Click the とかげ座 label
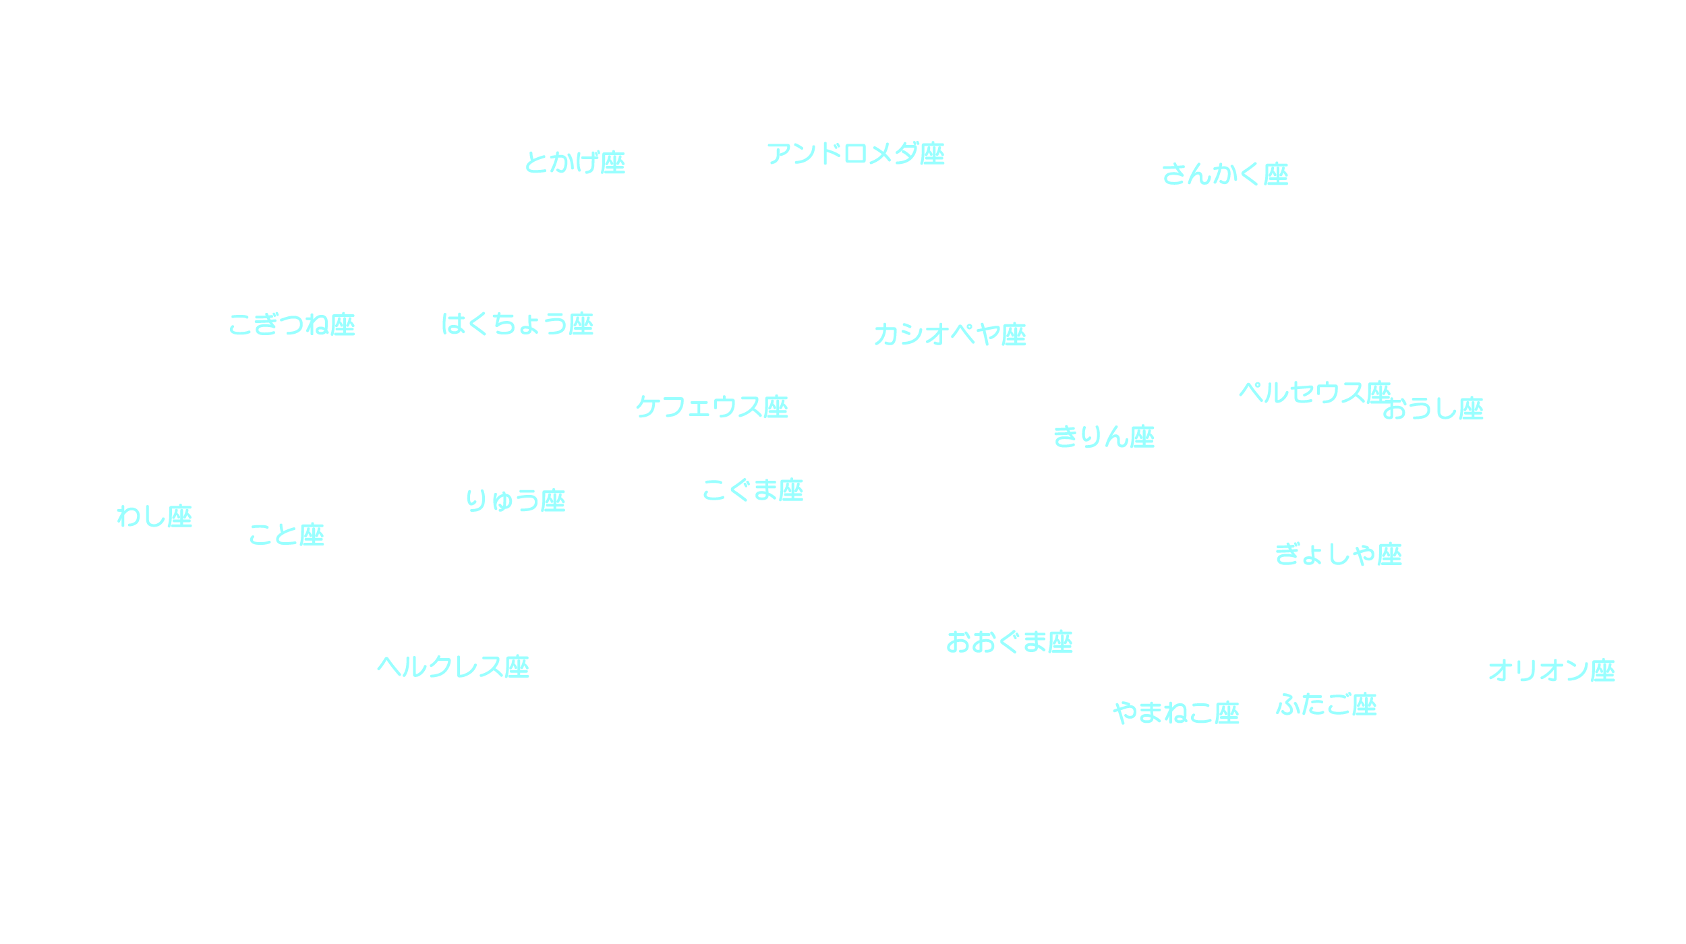coord(575,163)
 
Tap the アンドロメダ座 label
coord(856,154)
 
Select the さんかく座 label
coord(1225,174)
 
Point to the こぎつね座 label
coord(292,324)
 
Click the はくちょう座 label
coord(517,324)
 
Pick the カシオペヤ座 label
coord(950,334)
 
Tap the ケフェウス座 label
coord(711,407)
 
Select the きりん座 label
coord(1104,437)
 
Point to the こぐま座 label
coord(753,490)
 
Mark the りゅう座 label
coord(515,500)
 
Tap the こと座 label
coord(287,535)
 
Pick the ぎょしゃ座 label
coord(1338,554)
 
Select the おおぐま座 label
coord(1009,642)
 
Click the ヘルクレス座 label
coord(453,667)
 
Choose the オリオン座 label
coord(1551,671)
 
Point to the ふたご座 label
coord(1326,705)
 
